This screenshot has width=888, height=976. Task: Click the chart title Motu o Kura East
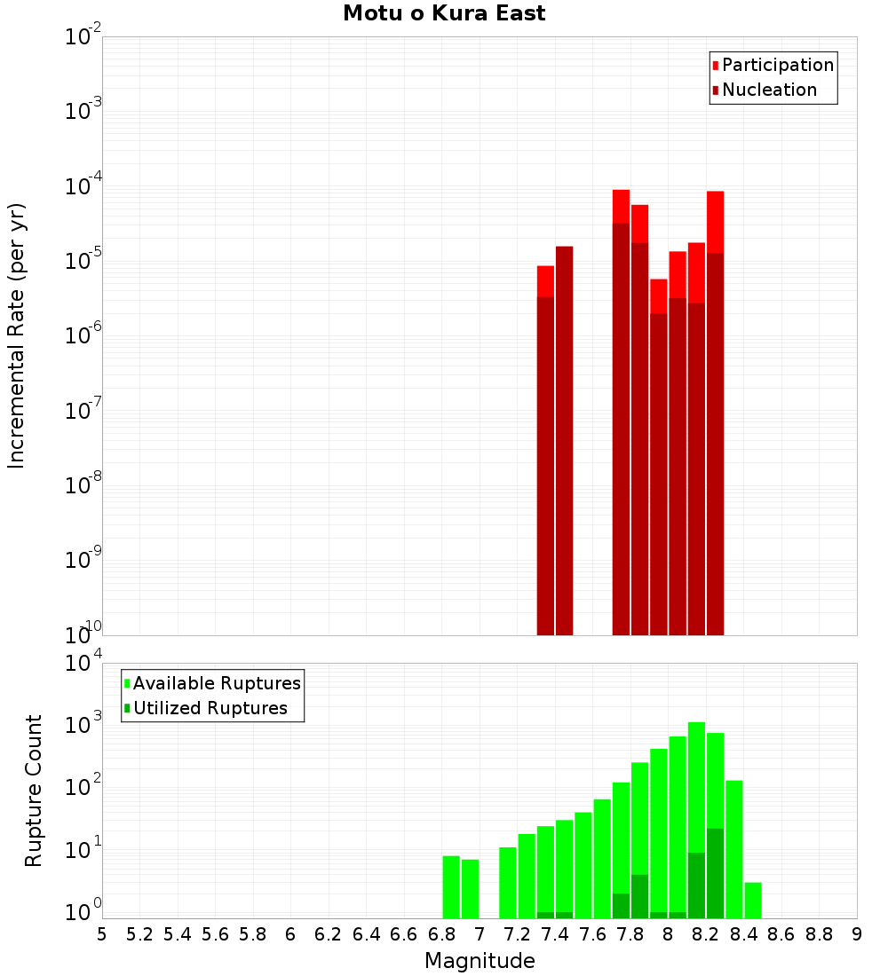444,14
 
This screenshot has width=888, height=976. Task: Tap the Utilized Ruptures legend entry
210,708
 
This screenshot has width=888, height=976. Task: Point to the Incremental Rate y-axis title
17,335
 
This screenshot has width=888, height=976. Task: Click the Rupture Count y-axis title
34,791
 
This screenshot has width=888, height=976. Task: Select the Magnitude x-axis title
480,961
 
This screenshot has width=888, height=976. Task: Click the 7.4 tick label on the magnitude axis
555,934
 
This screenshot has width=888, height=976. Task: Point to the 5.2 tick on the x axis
139,934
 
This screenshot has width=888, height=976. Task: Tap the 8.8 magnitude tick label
819,934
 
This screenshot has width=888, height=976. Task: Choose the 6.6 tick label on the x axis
404,934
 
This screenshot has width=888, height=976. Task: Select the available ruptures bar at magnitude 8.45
753,900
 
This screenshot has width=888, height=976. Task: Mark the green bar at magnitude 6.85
451,886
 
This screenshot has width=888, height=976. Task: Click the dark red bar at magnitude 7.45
564,444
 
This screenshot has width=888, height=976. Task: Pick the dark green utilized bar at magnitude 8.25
716,874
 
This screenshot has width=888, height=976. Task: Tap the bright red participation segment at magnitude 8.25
716,222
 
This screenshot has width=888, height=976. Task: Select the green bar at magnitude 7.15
508,882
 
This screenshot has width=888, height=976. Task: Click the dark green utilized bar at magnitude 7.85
639,896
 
